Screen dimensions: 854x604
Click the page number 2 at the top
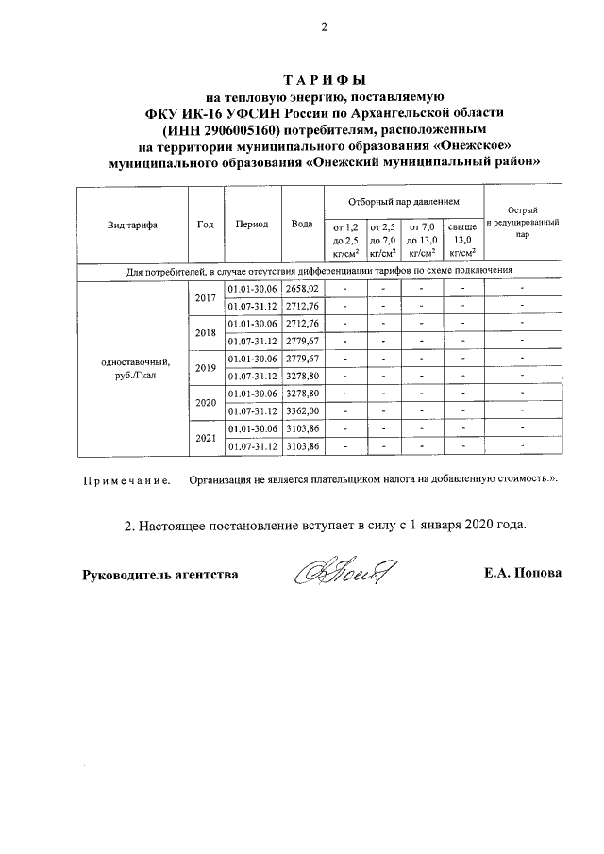tap(323, 26)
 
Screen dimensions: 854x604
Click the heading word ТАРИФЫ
tap(325, 80)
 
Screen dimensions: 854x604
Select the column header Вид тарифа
tap(132, 225)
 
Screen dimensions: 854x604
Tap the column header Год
tap(206, 225)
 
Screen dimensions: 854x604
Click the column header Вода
tap(302, 225)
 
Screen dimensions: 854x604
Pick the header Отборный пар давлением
tap(402, 202)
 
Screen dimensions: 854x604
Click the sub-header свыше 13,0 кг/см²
tap(461, 240)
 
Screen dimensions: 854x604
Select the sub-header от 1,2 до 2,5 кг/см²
tap(344, 240)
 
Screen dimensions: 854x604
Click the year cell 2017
tap(206, 297)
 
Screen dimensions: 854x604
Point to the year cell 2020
tap(206, 403)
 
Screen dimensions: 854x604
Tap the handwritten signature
tap(346, 573)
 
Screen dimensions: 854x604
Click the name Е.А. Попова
tap(520, 574)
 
